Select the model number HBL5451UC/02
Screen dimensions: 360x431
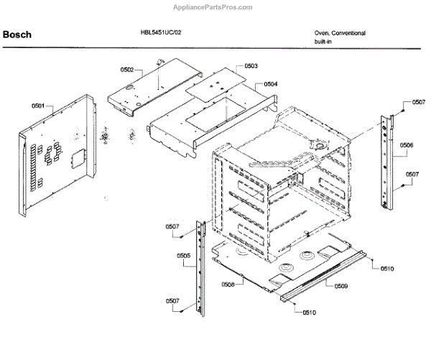[162, 32]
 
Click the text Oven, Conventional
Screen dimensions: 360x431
[340, 33]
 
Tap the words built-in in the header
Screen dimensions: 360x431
[324, 42]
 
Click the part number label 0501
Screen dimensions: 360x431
[38, 106]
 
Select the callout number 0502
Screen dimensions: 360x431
[127, 70]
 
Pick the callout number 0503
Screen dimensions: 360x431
[251, 66]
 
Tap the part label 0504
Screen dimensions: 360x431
[270, 84]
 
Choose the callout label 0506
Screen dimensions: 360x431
[406, 145]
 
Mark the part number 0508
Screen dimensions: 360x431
[228, 285]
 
